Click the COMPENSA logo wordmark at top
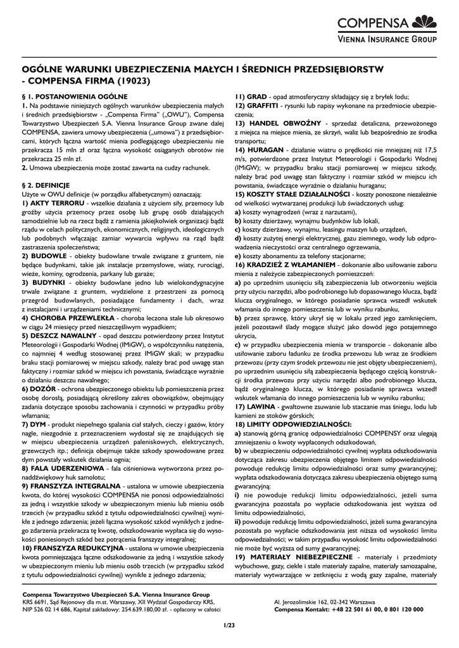(373, 24)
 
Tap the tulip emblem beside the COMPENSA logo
(424, 23)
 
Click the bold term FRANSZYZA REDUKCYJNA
(73, 547)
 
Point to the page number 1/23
(229, 626)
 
